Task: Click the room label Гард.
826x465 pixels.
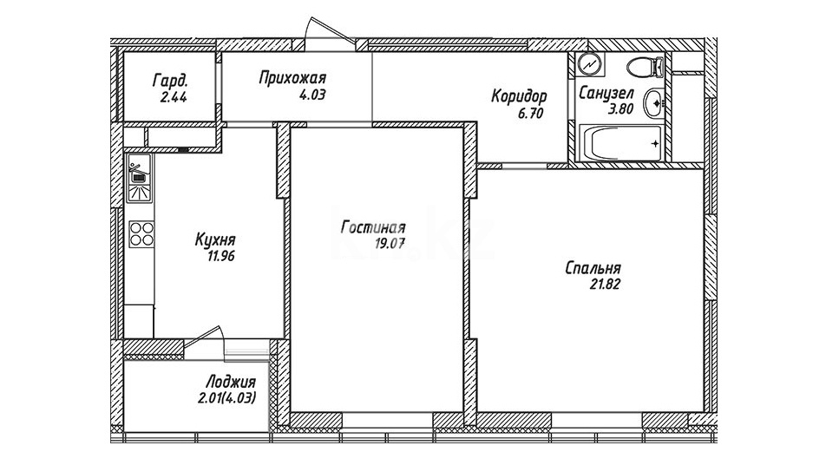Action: [170, 81]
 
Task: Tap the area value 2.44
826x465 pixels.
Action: [172, 97]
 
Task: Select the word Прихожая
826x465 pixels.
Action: [293, 78]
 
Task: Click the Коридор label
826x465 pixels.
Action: [520, 96]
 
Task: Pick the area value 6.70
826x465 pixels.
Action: [530, 114]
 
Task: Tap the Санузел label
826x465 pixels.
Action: [606, 94]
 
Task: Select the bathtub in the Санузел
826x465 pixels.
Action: [620, 143]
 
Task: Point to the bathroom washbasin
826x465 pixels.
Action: [653, 103]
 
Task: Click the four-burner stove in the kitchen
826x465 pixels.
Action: [141, 234]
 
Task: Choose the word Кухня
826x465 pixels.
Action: [215, 240]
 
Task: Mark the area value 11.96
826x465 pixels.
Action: [220, 257]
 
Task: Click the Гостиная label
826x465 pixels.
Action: [373, 227]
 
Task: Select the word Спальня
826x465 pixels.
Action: [593, 268]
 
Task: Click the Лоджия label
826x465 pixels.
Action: [230, 382]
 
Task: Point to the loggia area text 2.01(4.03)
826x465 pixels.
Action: [227, 398]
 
